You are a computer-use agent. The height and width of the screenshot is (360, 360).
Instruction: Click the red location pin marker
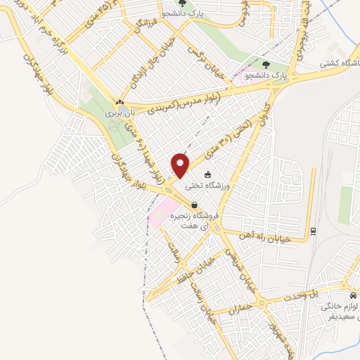coord(181,165)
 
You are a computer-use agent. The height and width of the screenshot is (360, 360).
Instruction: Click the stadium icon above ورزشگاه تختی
coord(207,174)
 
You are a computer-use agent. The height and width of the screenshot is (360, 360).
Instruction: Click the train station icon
coord(313,229)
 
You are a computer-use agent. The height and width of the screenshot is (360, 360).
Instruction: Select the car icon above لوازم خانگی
coord(352,295)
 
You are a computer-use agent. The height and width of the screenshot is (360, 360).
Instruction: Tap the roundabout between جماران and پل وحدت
coord(261,303)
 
